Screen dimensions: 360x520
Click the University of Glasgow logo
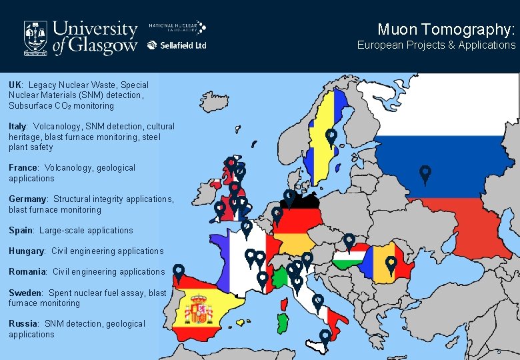(x=80, y=36)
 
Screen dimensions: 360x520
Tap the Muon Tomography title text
(x=446, y=29)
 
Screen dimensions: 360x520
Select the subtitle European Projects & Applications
(x=436, y=45)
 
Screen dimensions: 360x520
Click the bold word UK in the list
(x=15, y=85)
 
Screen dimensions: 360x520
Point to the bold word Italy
(x=17, y=126)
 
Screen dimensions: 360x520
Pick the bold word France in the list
(x=23, y=168)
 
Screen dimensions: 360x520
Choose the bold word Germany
(x=27, y=199)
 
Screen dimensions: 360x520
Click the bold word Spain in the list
(x=21, y=230)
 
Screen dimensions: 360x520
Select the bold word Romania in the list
(x=27, y=271)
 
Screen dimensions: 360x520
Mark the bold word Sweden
(x=25, y=293)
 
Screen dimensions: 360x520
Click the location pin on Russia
(x=425, y=173)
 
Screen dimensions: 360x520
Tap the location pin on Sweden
(x=331, y=137)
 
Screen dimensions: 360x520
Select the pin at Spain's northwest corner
(x=179, y=271)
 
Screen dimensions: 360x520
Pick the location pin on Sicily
(x=325, y=337)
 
